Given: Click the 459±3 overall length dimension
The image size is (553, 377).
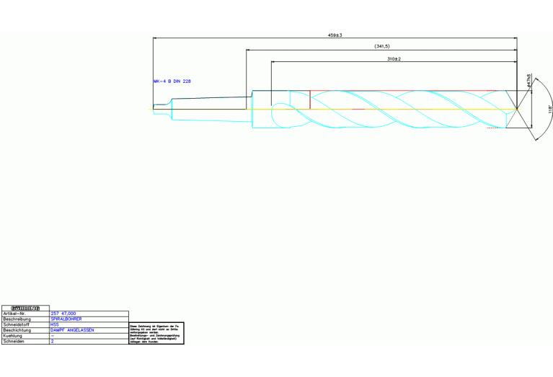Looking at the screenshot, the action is [335, 35].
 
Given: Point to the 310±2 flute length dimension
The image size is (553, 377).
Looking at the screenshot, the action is [394, 58].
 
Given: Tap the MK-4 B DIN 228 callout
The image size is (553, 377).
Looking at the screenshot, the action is [172, 81].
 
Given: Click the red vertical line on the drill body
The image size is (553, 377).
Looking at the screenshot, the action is [310, 99].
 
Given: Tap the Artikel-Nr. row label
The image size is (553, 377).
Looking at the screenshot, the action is [16, 314].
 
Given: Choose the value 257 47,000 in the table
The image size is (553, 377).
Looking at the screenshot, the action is [64, 314].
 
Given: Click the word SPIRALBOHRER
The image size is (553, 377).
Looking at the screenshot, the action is [66, 319].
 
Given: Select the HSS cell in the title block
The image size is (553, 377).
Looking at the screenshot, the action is [55, 325].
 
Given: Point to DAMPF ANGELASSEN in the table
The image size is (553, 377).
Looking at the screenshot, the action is [72, 331].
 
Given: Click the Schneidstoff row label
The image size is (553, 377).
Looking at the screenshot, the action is [17, 325].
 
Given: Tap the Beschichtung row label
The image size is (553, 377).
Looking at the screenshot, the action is [17, 331].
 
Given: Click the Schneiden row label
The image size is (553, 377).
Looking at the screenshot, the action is [14, 342].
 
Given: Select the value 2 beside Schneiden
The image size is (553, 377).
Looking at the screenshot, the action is [53, 342].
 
